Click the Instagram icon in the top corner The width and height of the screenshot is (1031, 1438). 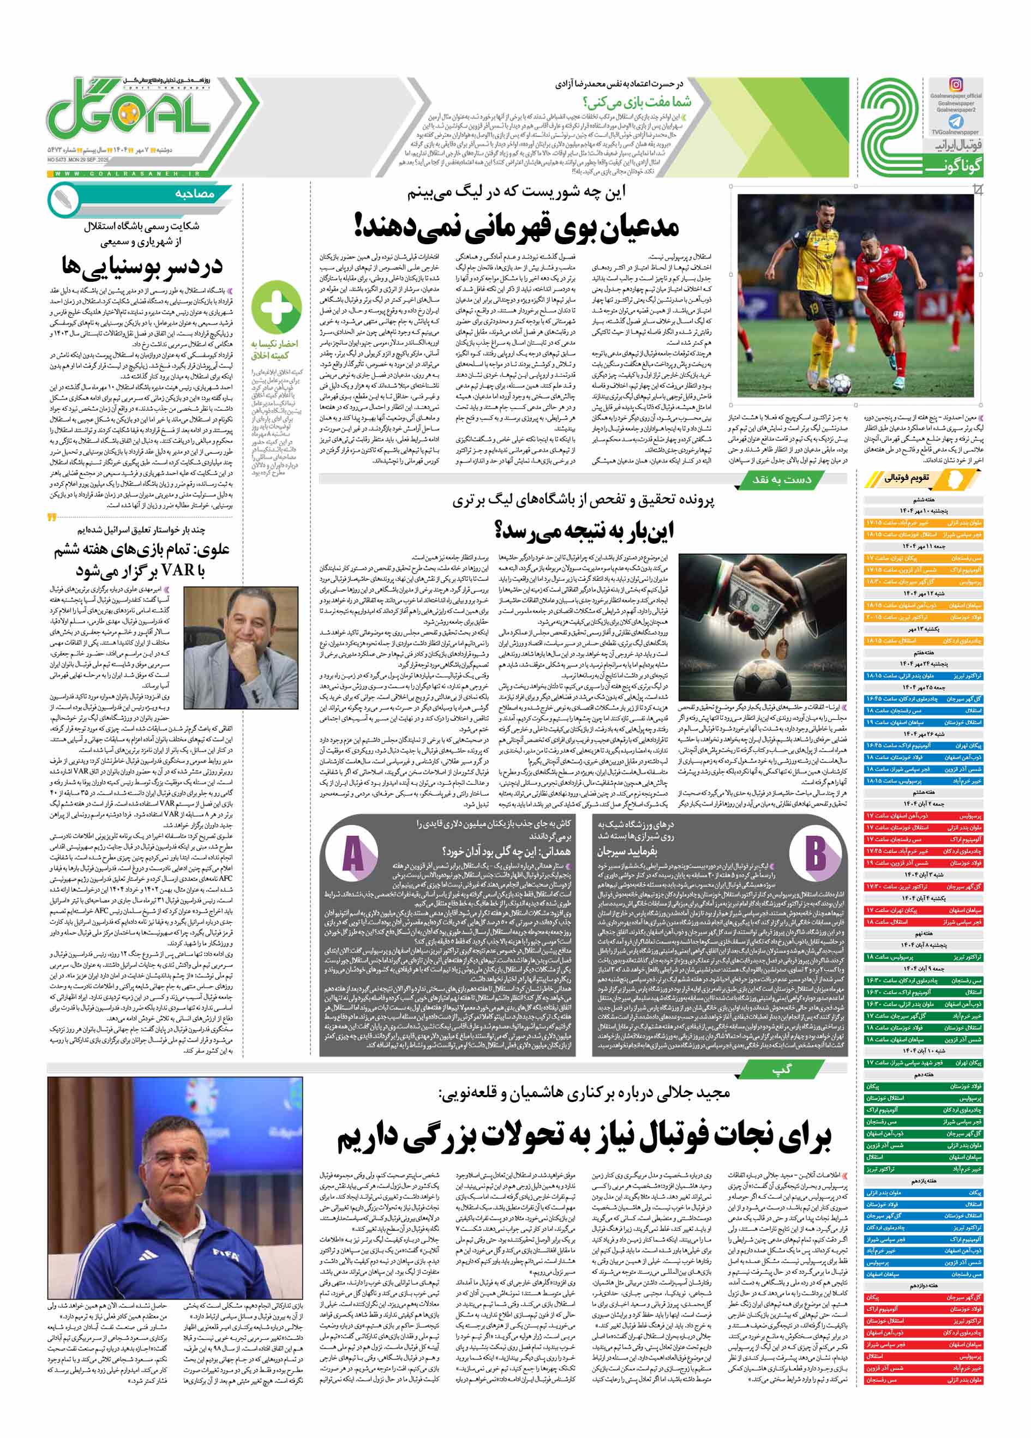[956, 85]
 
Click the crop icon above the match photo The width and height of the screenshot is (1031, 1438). [977, 189]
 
